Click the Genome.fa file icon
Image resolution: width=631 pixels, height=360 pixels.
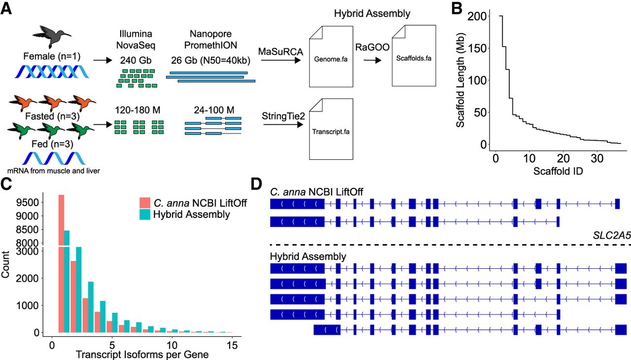point(331,57)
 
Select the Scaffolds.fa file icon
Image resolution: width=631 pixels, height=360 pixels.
point(414,56)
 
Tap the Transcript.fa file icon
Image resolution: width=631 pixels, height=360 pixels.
point(331,129)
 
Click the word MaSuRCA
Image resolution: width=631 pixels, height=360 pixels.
point(280,52)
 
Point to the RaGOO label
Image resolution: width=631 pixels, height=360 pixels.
point(372,47)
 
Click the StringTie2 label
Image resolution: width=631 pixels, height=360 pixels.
point(283,116)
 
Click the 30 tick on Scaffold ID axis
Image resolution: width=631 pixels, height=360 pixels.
point(597,159)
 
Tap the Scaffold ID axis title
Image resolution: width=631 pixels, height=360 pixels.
point(558,171)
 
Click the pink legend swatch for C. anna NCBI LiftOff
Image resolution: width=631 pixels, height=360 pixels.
point(145,203)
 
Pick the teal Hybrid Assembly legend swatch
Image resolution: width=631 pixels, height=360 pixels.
point(145,215)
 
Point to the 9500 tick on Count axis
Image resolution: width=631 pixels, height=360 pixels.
point(27,203)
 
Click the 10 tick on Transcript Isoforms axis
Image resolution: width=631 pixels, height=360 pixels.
point(172,345)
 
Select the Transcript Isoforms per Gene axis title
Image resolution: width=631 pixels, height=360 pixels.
point(142,355)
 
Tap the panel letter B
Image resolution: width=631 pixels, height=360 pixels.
point(457,8)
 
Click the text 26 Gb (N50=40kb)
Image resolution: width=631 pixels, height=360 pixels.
point(210,60)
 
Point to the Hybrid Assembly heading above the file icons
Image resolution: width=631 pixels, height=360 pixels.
point(372,13)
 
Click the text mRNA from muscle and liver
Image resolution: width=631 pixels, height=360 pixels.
point(54,171)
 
